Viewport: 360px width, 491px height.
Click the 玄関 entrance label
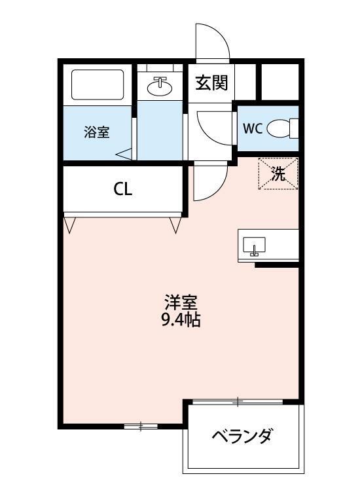tap(211, 83)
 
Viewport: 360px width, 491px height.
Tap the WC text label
tap(253, 128)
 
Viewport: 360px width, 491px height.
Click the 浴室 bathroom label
tap(96, 132)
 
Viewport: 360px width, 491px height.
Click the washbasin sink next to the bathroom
tap(160, 85)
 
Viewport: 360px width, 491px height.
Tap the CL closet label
tap(123, 189)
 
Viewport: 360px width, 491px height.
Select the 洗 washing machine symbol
tap(278, 175)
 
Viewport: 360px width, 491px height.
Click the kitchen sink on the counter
tap(254, 245)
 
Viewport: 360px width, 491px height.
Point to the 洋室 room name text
tap(181, 304)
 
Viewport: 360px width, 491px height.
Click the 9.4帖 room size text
tap(181, 321)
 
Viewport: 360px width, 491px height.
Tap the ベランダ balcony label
tap(242, 436)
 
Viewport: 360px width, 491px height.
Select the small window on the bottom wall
tap(141, 427)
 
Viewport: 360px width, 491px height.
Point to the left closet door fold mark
tap(70, 225)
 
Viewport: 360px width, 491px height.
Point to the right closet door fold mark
tap(175, 225)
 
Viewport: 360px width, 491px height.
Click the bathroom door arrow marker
tap(124, 155)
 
